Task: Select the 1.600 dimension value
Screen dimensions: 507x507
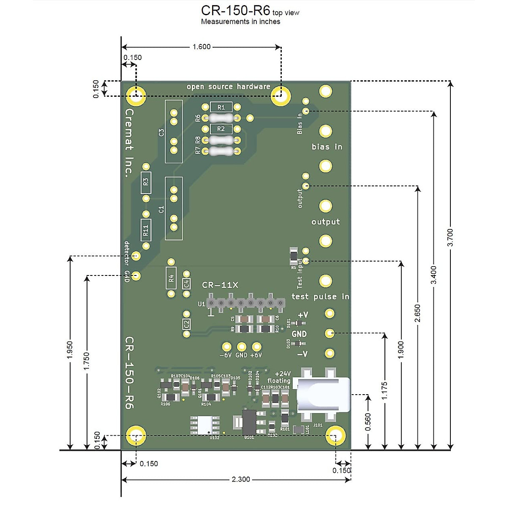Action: coord(201,47)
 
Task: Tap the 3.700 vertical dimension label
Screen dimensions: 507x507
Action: coord(450,237)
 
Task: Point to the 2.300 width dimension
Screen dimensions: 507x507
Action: coord(240,479)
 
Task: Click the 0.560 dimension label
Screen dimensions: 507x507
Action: coord(368,422)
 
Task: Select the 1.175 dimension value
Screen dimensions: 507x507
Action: coord(384,391)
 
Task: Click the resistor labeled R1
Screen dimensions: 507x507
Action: coord(221,107)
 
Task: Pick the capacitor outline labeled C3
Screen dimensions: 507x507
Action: coord(173,131)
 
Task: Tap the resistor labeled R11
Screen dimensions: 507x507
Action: coord(146,230)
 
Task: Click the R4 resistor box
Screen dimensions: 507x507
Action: coord(171,278)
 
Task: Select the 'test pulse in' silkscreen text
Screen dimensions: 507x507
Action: coord(320,297)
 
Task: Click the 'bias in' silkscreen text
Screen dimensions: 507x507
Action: coord(327,147)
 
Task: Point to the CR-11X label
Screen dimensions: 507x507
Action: coord(220,285)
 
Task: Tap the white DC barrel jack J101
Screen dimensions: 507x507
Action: coord(323,395)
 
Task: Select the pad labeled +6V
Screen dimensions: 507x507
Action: coord(256,346)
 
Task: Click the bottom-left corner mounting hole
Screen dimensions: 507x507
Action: coord(136,436)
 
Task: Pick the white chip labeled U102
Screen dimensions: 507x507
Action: coord(205,425)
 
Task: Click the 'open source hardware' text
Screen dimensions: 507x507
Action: coord(228,87)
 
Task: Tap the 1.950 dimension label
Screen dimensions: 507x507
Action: coord(70,350)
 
